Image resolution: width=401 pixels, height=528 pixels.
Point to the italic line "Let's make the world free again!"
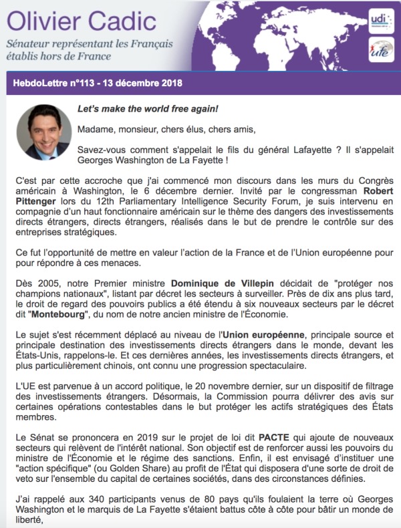(148, 108)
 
